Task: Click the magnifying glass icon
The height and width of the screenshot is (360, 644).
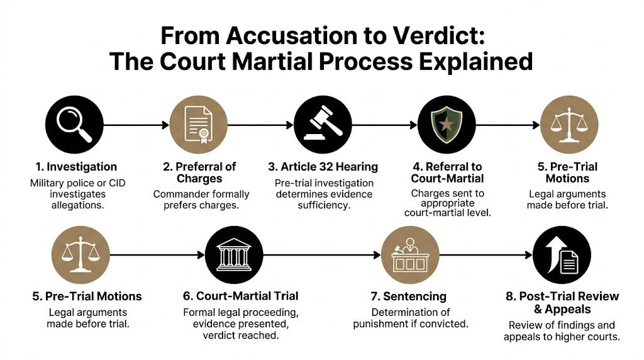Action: pyautogui.click(x=74, y=125)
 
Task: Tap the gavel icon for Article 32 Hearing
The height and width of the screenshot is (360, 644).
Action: pyautogui.click(x=322, y=125)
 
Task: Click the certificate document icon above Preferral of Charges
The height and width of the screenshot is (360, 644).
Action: pyautogui.click(x=199, y=125)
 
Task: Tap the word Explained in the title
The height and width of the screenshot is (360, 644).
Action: pyautogui.click(x=473, y=62)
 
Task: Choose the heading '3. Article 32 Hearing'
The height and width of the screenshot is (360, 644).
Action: pyautogui.click(x=323, y=167)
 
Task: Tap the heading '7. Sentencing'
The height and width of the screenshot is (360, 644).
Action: pyautogui.click(x=409, y=296)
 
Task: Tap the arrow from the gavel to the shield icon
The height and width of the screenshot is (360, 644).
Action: pyautogui.click(x=384, y=125)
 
